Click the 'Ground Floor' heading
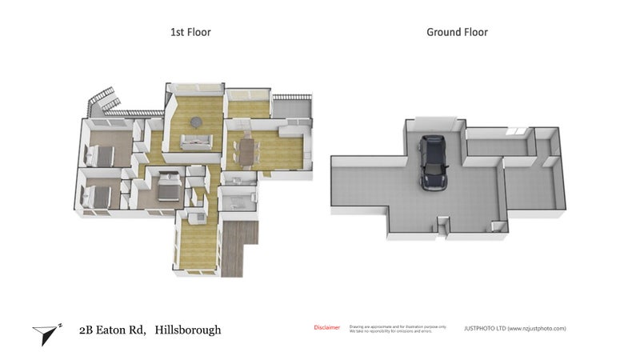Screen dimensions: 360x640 click(457, 32)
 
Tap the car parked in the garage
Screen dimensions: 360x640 click(433, 162)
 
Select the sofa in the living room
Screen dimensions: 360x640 click(195, 142)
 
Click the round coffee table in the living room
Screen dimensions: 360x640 click(196, 122)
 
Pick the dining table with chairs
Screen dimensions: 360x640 click(246, 150)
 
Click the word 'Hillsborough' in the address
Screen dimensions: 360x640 click(188, 329)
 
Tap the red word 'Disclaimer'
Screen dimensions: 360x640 click(326, 327)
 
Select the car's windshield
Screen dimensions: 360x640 click(433, 151)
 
